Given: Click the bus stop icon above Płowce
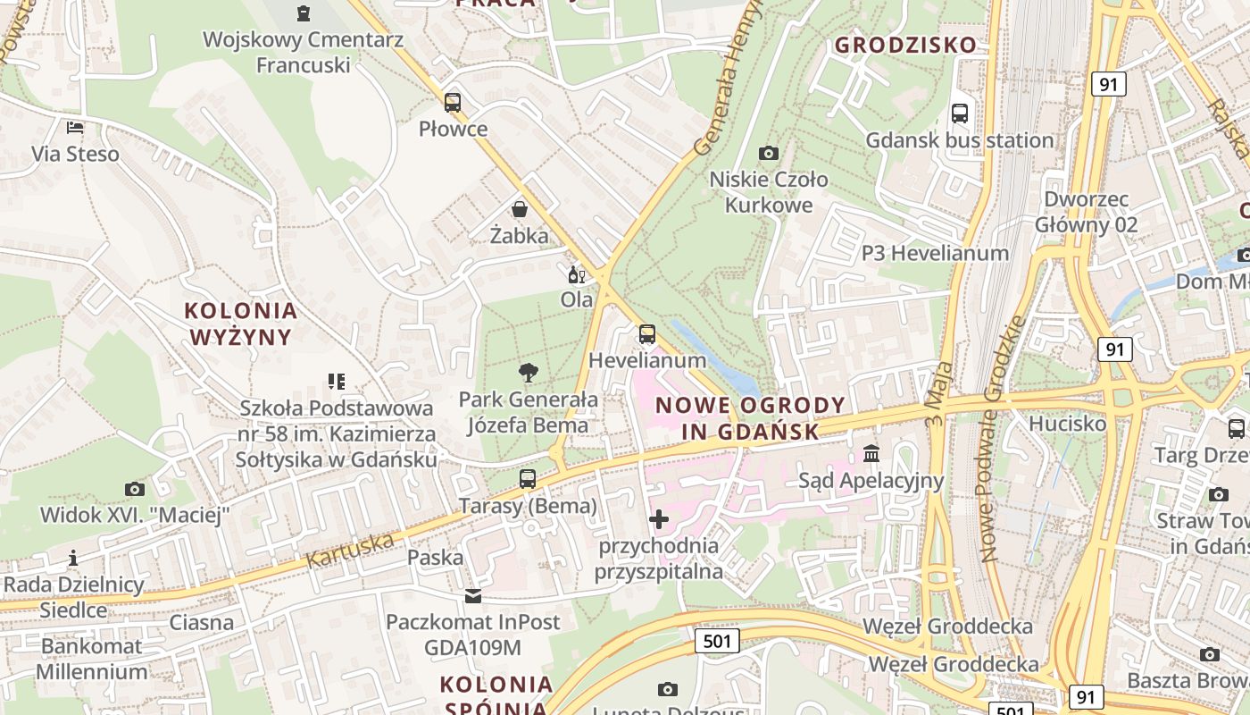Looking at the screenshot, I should point(453,102).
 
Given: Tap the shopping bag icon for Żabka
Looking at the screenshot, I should point(519,210).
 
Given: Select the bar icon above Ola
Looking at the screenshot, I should point(576,274).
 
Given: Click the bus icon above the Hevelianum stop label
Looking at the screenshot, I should point(647,335).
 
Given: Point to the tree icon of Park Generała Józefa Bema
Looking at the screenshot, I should point(529,373).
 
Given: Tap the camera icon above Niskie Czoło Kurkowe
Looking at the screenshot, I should point(768,154).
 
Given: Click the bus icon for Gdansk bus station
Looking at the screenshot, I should point(960,114).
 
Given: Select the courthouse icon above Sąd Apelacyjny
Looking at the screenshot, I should point(871,454).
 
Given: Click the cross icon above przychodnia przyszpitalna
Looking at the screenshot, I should point(659,519).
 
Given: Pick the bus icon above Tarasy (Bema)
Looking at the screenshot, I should point(528,479).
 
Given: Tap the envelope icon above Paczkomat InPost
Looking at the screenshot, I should point(472,596).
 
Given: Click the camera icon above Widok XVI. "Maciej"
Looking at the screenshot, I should point(135,489).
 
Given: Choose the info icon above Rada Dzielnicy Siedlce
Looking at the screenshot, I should point(73,559).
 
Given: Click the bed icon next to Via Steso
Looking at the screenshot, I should point(75,128).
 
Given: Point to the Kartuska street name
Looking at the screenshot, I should point(350,550).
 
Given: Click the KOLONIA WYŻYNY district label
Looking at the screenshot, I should point(240,324).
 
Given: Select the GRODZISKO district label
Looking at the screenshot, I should point(906,45).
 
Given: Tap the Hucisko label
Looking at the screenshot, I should point(1067,423).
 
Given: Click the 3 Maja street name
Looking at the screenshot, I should point(936,392).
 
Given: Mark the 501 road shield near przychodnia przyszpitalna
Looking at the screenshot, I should point(717,640).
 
